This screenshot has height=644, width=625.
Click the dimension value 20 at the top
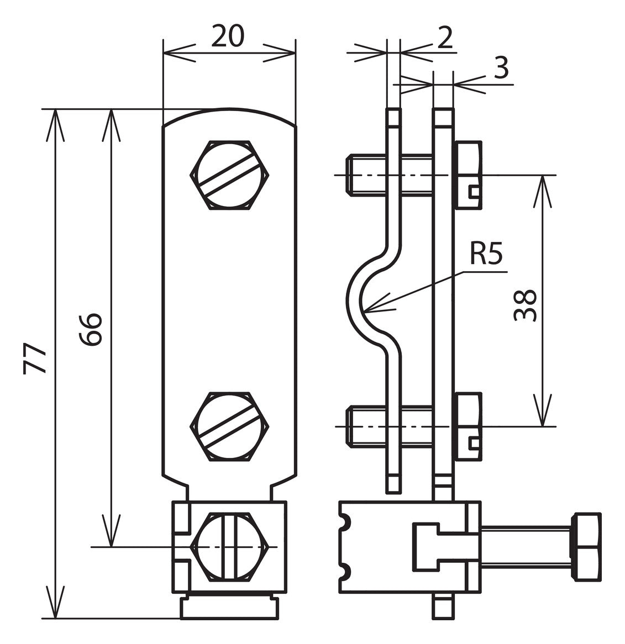(x=228, y=36)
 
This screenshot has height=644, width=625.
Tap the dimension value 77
(x=34, y=358)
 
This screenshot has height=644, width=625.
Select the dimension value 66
(x=91, y=329)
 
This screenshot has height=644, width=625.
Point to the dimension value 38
(x=525, y=305)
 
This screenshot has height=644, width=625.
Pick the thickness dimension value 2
(x=445, y=38)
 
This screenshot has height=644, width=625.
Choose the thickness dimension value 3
(x=501, y=68)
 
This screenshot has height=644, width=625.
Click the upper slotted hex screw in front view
(x=230, y=175)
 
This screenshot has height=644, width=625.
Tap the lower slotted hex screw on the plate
(x=230, y=426)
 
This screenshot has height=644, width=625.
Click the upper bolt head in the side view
(x=468, y=176)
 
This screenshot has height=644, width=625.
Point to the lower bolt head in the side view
(x=468, y=426)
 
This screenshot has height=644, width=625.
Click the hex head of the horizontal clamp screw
(x=587, y=547)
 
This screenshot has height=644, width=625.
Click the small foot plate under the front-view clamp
(x=229, y=608)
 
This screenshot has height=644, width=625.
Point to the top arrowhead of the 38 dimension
(x=543, y=176)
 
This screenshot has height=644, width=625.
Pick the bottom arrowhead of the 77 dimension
(x=55, y=618)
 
